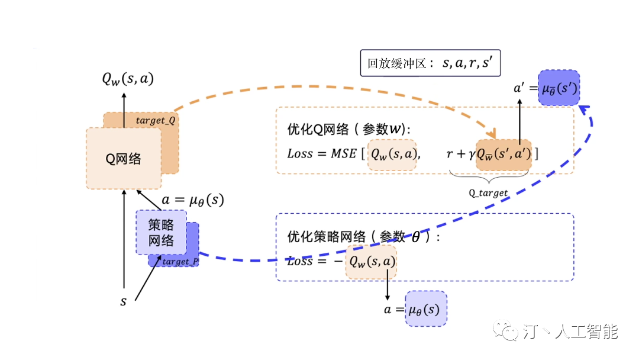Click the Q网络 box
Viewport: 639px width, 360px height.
click(x=123, y=158)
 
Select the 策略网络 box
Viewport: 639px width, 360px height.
click(x=160, y=233)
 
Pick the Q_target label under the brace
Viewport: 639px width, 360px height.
click(x=489, y=192)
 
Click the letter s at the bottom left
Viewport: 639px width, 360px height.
click(x=123, y=301)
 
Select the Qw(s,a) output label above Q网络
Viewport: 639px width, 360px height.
click(x=128, y=79)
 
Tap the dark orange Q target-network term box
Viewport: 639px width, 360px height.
click(x=504, y=155)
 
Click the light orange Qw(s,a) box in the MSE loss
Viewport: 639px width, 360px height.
click(x=392, y=155)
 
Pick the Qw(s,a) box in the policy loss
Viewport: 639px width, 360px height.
click(x=371, y=262)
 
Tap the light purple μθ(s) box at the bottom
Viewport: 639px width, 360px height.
click(x=426, y=308)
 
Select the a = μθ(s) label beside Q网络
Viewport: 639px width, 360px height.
click(x=193, y=200)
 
